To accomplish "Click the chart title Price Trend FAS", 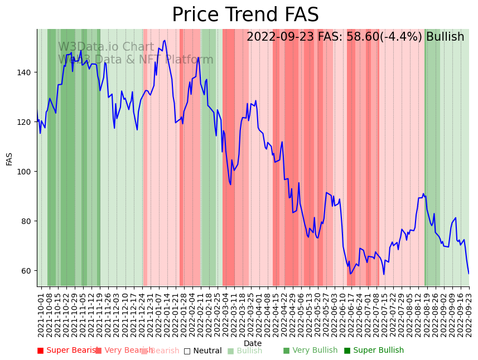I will click(x=245, y=15).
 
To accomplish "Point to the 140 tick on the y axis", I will click(x=26, y=72).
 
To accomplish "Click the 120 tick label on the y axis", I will click(x=26, y=122).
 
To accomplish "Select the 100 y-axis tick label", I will click(x=26, y=172).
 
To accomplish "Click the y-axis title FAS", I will click(x=9, y=159).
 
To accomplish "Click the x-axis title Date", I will click(x=253, y=344).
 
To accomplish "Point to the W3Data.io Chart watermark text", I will click(x=106, y=47).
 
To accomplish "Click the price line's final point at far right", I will click(x=469, y=274).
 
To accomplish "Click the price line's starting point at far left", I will click(x=37, y=113).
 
